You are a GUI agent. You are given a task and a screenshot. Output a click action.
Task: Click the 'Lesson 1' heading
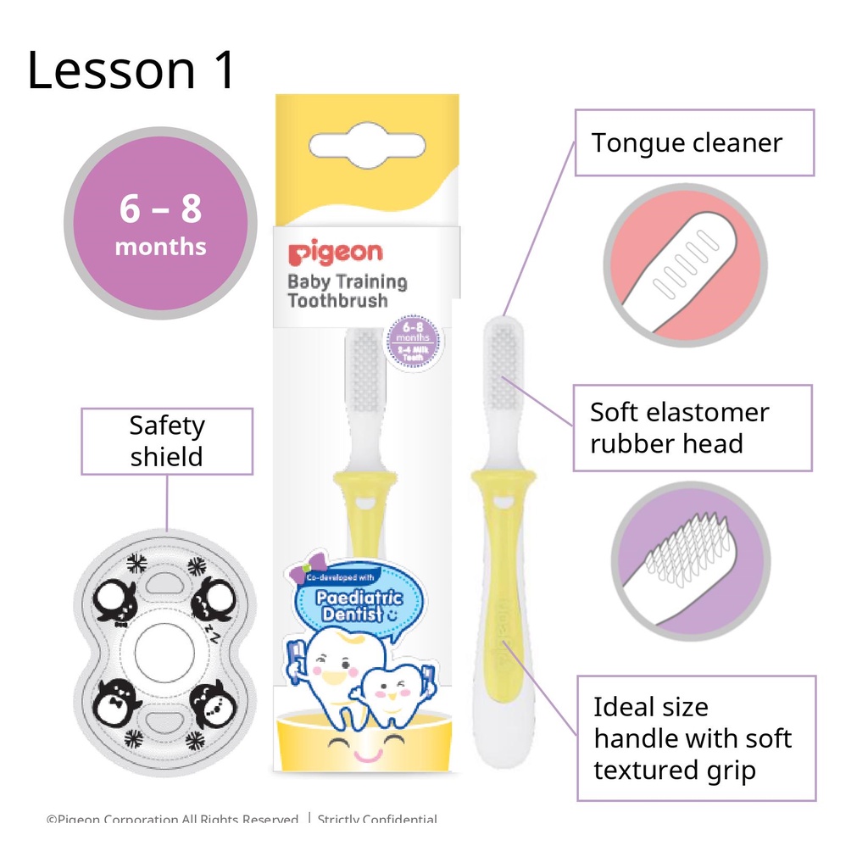tap(131, 70)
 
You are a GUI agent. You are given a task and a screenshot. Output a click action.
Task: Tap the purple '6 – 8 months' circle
tap(160, 226)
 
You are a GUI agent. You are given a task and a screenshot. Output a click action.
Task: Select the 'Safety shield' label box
tap(167, 441)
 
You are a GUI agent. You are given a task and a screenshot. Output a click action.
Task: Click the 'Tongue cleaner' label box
tap(694, 142)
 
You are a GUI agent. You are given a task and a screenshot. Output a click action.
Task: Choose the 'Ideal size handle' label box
tap(696, 737)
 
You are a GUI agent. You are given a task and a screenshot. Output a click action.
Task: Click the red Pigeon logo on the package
tap(335, 253)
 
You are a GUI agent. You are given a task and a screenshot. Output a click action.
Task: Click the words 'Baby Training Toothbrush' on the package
tap(347, 291)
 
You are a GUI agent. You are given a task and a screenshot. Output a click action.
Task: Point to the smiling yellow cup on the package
tap(363, 742)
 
